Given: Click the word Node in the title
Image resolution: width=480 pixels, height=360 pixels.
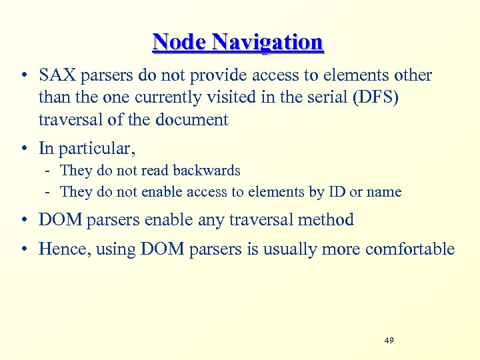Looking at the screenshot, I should (179, 42).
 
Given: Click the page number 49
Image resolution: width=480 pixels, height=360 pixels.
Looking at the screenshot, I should (389, 341).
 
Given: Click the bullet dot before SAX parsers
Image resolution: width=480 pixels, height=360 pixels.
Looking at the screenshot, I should (24, 76).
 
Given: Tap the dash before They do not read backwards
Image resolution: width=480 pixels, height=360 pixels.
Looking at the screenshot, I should (49, 171).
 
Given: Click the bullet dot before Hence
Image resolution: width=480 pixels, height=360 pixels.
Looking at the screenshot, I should (24, 249).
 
